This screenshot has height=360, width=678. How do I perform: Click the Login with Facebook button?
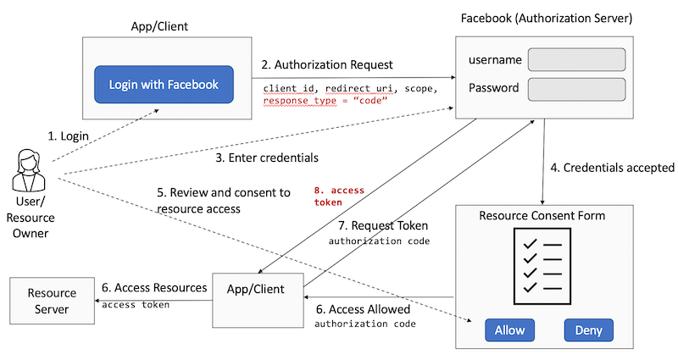[164, 85]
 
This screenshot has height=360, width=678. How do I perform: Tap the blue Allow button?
[509, 330]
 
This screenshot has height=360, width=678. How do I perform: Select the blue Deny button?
[588, 330]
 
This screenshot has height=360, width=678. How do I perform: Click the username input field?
[576, 59]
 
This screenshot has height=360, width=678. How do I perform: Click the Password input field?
[576, 88]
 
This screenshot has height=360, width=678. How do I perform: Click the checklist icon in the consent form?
[541, 263]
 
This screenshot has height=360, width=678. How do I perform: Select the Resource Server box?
[52, 300]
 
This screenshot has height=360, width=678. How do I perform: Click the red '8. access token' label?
[338, 197]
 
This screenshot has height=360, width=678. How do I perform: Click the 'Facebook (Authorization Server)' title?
[557, 18]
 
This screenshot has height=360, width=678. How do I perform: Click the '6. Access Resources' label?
[154, 288]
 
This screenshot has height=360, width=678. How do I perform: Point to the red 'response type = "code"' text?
[325, 100]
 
